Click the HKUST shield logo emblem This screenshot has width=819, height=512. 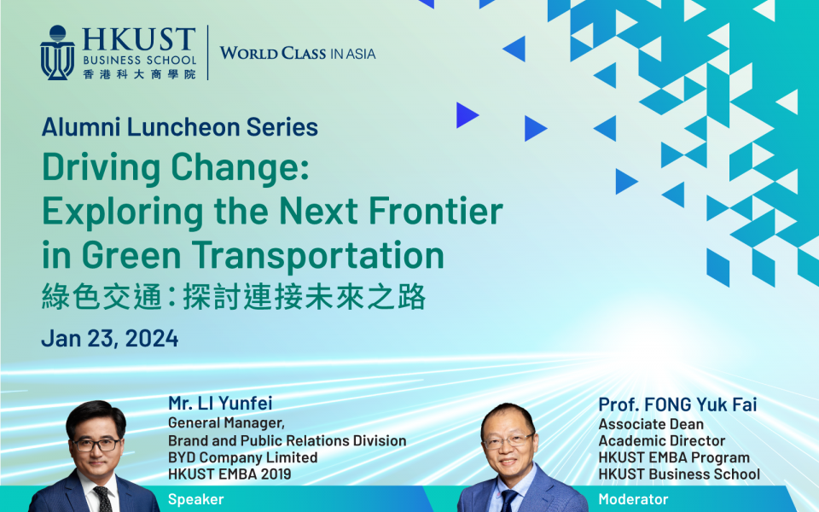click(57, 53)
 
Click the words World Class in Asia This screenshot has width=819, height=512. click(297, 54)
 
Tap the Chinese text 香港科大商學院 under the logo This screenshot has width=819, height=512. click(139, 74)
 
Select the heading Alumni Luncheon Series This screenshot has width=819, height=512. click(179, 128)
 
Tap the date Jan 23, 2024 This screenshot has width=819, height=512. click(110, 338)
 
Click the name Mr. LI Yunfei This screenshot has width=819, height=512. click(220, 403)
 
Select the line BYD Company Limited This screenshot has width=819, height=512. click(242, 457)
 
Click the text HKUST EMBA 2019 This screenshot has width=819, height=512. click(229, 474)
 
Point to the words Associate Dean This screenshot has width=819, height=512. click(651, 424)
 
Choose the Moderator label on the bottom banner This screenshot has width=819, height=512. click(633, 499)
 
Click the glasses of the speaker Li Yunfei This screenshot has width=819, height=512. click(96, 445)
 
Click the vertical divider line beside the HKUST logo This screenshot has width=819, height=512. click(207, 53)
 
